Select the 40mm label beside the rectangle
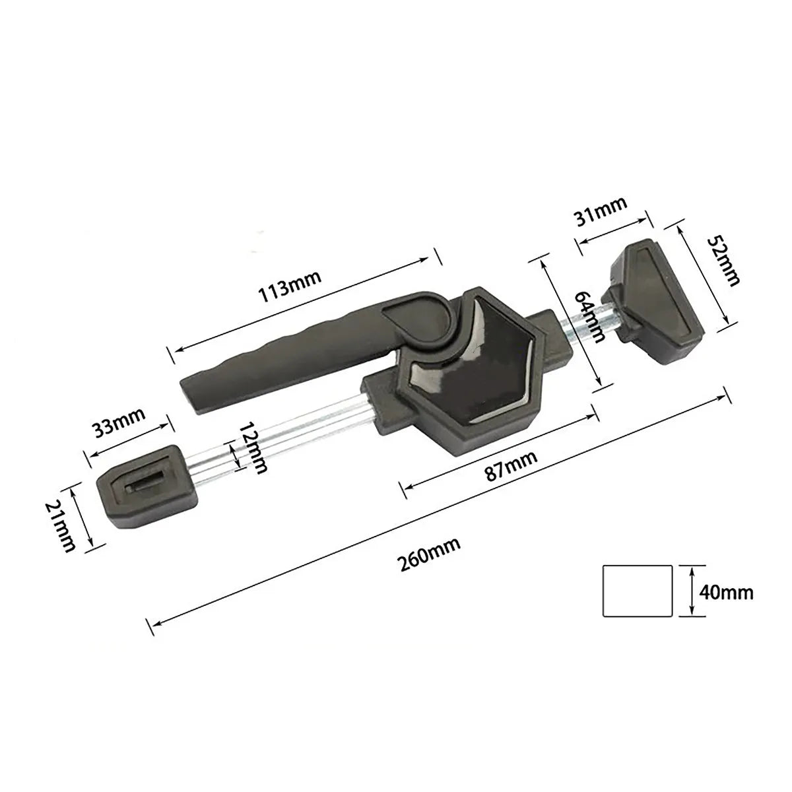725,591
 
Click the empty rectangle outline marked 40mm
638,590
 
